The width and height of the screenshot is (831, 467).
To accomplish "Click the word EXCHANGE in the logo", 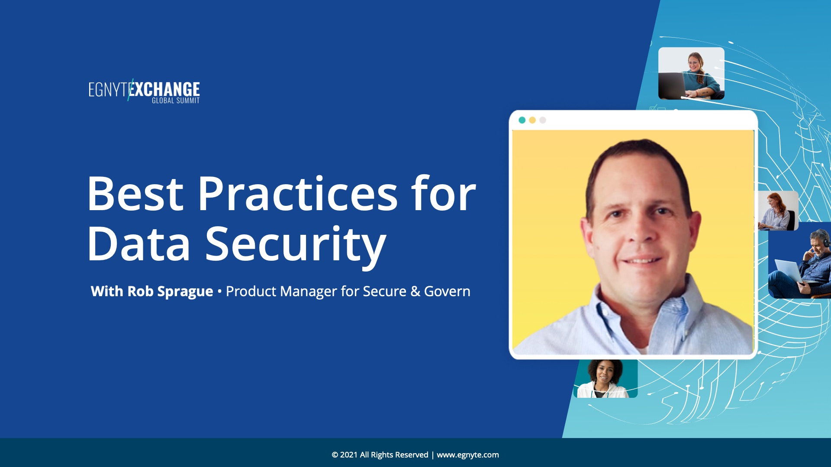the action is [164, 89].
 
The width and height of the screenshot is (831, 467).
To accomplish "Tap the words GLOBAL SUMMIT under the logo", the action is [176, 101].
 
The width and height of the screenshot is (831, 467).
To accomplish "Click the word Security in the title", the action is [296, 246].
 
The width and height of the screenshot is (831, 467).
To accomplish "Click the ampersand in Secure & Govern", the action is [415, 291].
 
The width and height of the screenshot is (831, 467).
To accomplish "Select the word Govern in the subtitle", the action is [447, 291].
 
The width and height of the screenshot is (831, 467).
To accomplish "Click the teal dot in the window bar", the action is [522, 120].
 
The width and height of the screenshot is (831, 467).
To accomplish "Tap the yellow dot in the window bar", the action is [532, 120].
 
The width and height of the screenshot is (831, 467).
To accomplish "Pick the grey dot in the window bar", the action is [543, 120].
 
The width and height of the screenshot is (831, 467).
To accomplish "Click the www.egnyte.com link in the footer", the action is [468, 455].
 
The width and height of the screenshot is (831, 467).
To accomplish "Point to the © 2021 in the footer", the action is [345, 455].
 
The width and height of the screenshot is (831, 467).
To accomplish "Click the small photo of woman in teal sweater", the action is [691, 74].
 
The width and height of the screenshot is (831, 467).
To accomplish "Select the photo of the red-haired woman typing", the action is [778, 211].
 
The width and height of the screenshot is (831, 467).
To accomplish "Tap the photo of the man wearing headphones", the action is [800, 260].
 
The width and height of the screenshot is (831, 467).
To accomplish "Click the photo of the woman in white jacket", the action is [606, 379].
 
